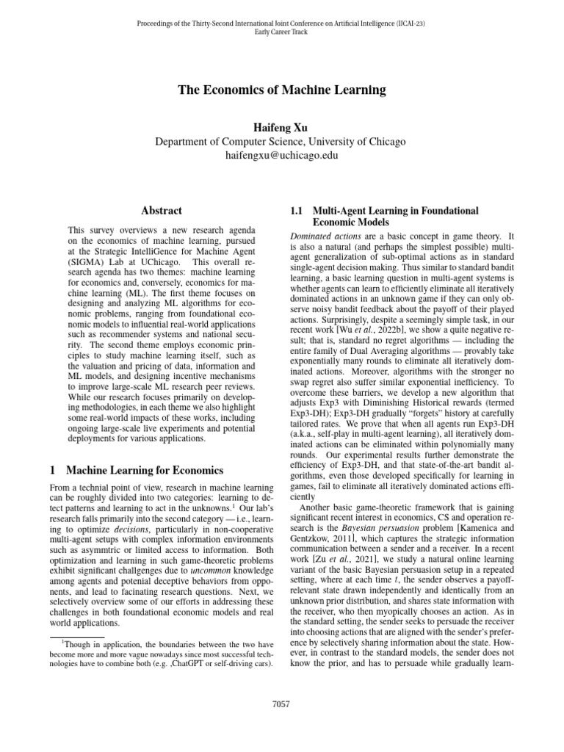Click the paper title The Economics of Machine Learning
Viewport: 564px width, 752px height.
point(282,90)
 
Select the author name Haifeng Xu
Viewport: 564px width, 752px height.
point(282,126)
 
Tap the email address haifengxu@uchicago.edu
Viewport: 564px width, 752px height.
point(282,156)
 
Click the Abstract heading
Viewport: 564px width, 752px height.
point(161,211)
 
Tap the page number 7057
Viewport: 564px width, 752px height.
point(281,704)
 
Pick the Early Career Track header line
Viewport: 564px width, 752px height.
point(282,32)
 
